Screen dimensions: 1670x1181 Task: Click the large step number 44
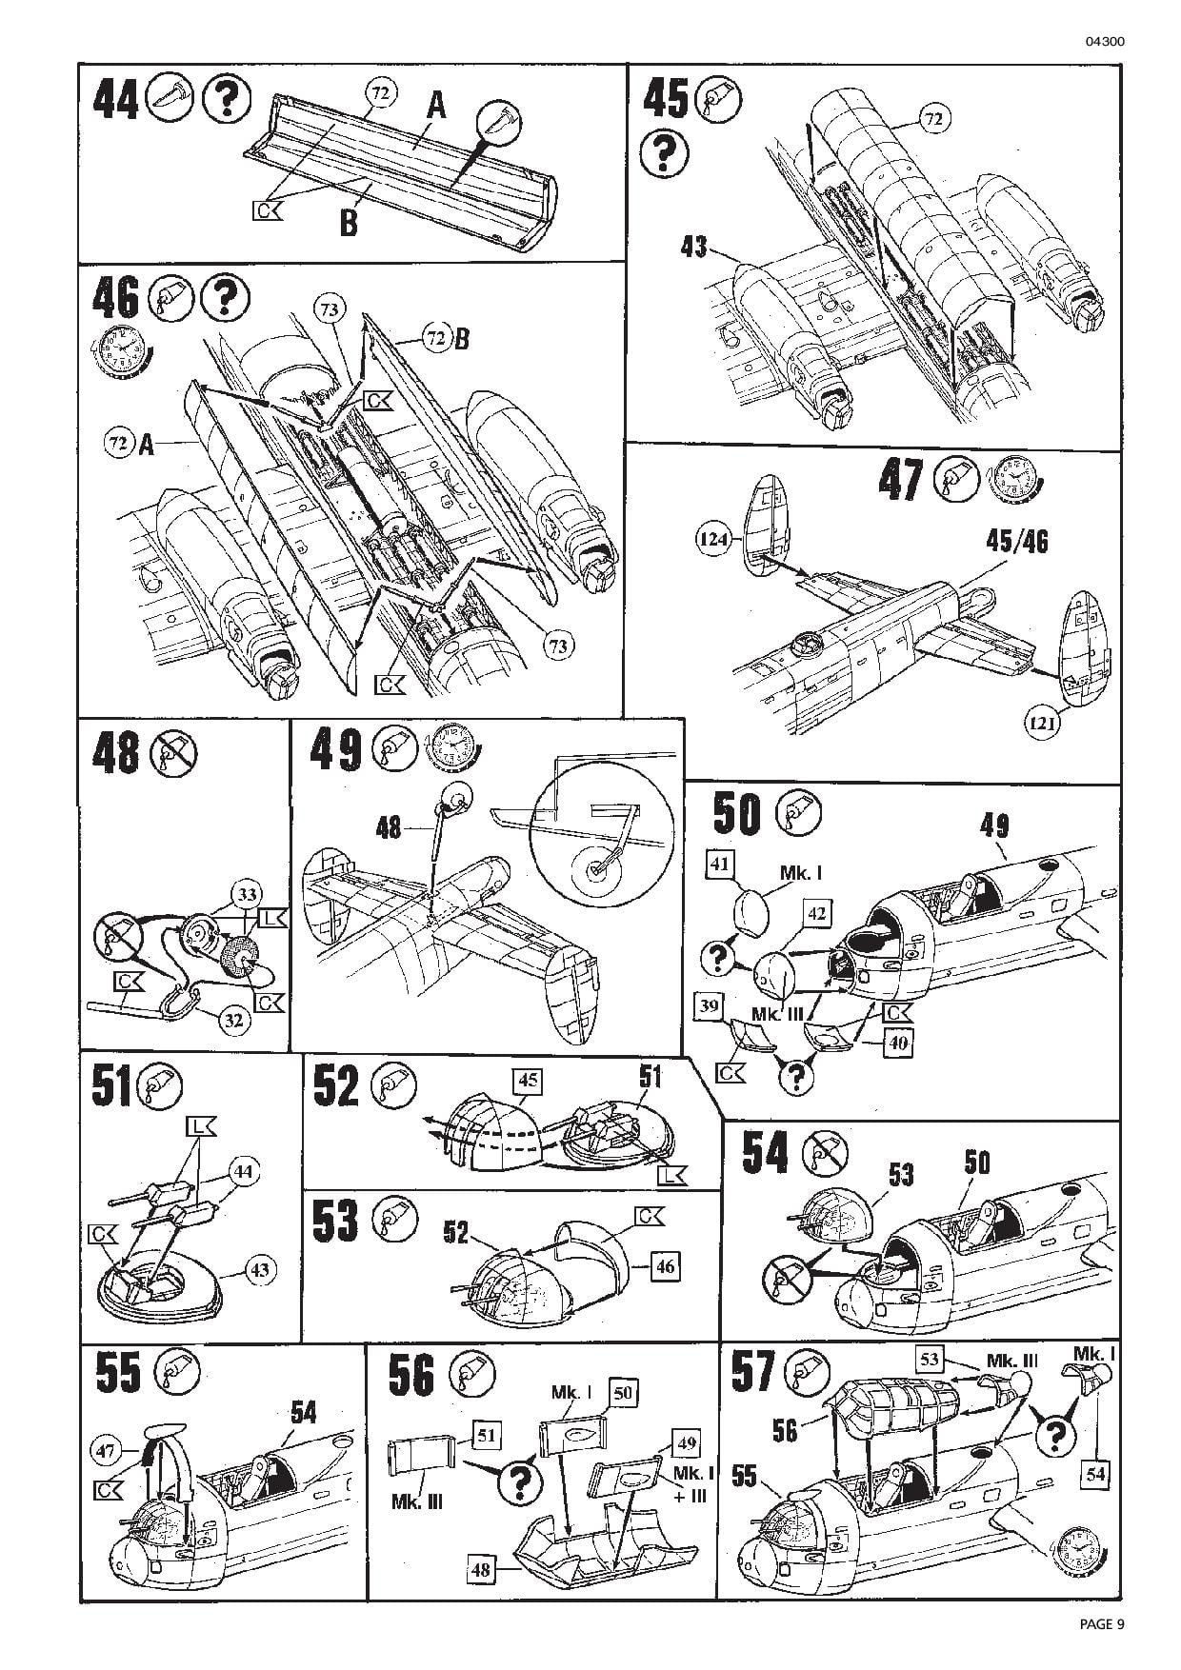116,100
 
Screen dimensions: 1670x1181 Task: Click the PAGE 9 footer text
1102,1625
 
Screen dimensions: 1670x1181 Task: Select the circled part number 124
712,540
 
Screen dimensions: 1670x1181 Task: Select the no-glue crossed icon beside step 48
173,753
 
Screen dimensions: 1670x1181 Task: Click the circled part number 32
234,1020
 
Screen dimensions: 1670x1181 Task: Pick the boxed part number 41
720,864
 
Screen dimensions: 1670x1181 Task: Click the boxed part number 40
898,1043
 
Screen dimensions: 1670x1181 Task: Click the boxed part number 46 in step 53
665,1266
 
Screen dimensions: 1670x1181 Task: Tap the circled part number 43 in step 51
260,1269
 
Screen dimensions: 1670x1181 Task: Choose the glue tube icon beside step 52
392,1085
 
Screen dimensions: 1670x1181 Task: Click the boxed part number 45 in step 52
528,1081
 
